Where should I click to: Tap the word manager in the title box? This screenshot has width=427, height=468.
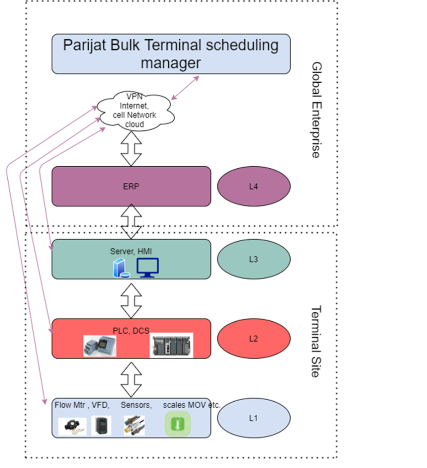click(x=171, y=63)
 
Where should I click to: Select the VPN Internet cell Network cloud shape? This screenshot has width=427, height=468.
click(x=134, y=111)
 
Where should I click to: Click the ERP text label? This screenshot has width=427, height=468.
click(x=131, y=186)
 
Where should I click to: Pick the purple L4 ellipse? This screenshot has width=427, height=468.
click(x=253, y=186)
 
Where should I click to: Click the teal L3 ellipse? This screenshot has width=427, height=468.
click(x=253, y=259)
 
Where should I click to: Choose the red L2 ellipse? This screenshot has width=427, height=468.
click(x=253, y=339)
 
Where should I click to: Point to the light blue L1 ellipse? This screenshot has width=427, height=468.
click(x=253, y=418)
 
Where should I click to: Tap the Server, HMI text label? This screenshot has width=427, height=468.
click(x=131, y=251)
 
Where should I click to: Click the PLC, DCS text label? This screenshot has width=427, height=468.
click(x=131, y=330)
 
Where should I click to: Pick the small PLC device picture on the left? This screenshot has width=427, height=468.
click(x=100, y=346)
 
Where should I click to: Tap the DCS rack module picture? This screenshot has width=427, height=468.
click(x=171, y=346)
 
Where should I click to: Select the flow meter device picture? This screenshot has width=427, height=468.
click(x=72, y=426)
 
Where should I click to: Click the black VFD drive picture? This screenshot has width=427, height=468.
click(x=101, y=425)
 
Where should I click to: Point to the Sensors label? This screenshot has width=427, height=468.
click(x=136, y=405)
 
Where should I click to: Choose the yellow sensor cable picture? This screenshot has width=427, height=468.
click(x=134, y=425)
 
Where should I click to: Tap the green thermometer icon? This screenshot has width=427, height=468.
click(x=177, y=424)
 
